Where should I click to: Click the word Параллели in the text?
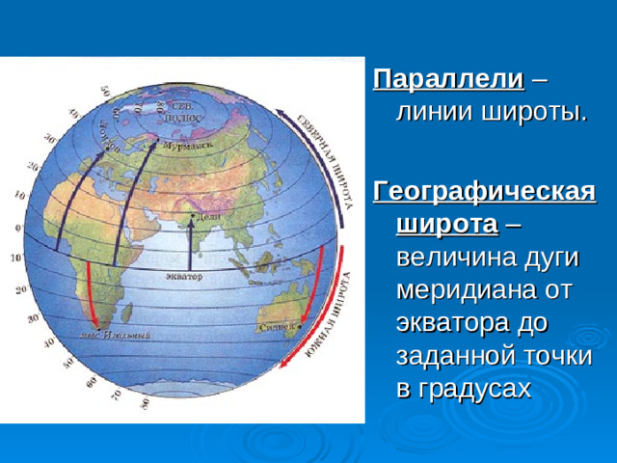448,77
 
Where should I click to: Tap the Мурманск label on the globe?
188,148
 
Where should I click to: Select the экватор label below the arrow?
181,277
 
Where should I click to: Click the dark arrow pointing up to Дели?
191,246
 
